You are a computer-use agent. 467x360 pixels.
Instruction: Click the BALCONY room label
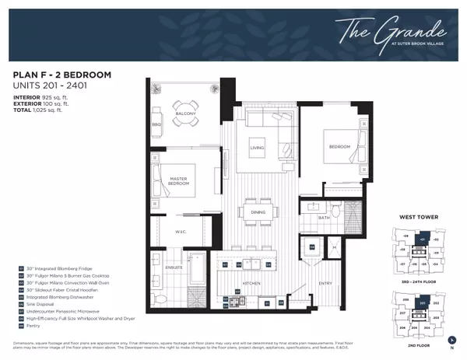point(185,114)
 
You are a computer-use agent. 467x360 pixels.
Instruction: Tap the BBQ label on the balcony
point(156,123)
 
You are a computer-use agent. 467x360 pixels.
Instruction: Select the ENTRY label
point(325,283)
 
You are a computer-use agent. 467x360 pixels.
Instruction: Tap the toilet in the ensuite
point(159,298)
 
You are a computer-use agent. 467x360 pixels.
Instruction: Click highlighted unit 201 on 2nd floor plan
point(423,302)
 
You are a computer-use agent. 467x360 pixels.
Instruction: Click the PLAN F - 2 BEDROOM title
point(62,75)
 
